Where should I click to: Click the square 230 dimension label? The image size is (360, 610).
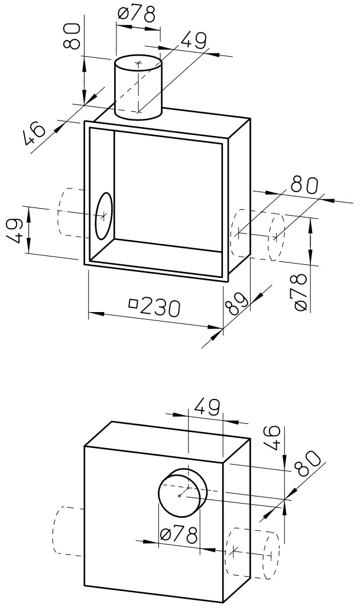click(154, 307)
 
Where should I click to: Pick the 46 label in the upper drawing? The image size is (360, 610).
click(35, 135)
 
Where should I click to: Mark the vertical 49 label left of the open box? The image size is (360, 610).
click(16, 231)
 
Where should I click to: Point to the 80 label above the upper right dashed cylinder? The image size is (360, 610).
click(304, 184)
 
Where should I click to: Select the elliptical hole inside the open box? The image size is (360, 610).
click(103, 216)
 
